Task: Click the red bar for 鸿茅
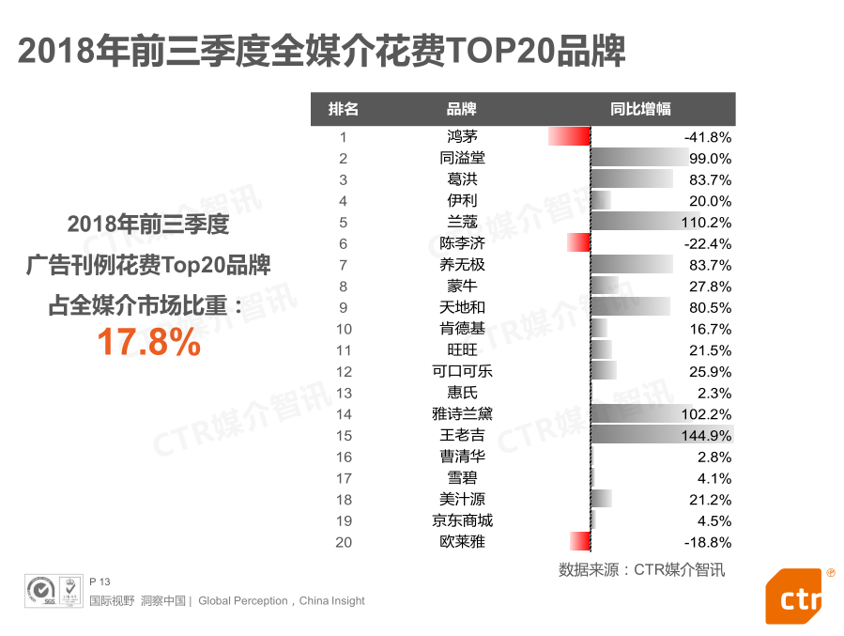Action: point(569,136)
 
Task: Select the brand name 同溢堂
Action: point(462,158)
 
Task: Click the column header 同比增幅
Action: point(640,109)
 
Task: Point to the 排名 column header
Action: point(344,109)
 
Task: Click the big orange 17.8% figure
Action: point(149,343)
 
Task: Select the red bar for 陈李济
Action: point(579,243)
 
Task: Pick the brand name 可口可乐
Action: point(462,371)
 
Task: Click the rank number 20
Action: point(344,541)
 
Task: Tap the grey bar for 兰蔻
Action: point(638,222)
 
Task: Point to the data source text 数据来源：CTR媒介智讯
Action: point(641,569)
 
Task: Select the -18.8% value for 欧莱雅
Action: point(708,542)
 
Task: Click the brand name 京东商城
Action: point(462,520)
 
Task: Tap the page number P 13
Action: point(100,582)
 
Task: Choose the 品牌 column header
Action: point(462,109)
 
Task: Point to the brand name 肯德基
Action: point(462,329)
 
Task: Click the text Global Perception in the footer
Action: point(242,601)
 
